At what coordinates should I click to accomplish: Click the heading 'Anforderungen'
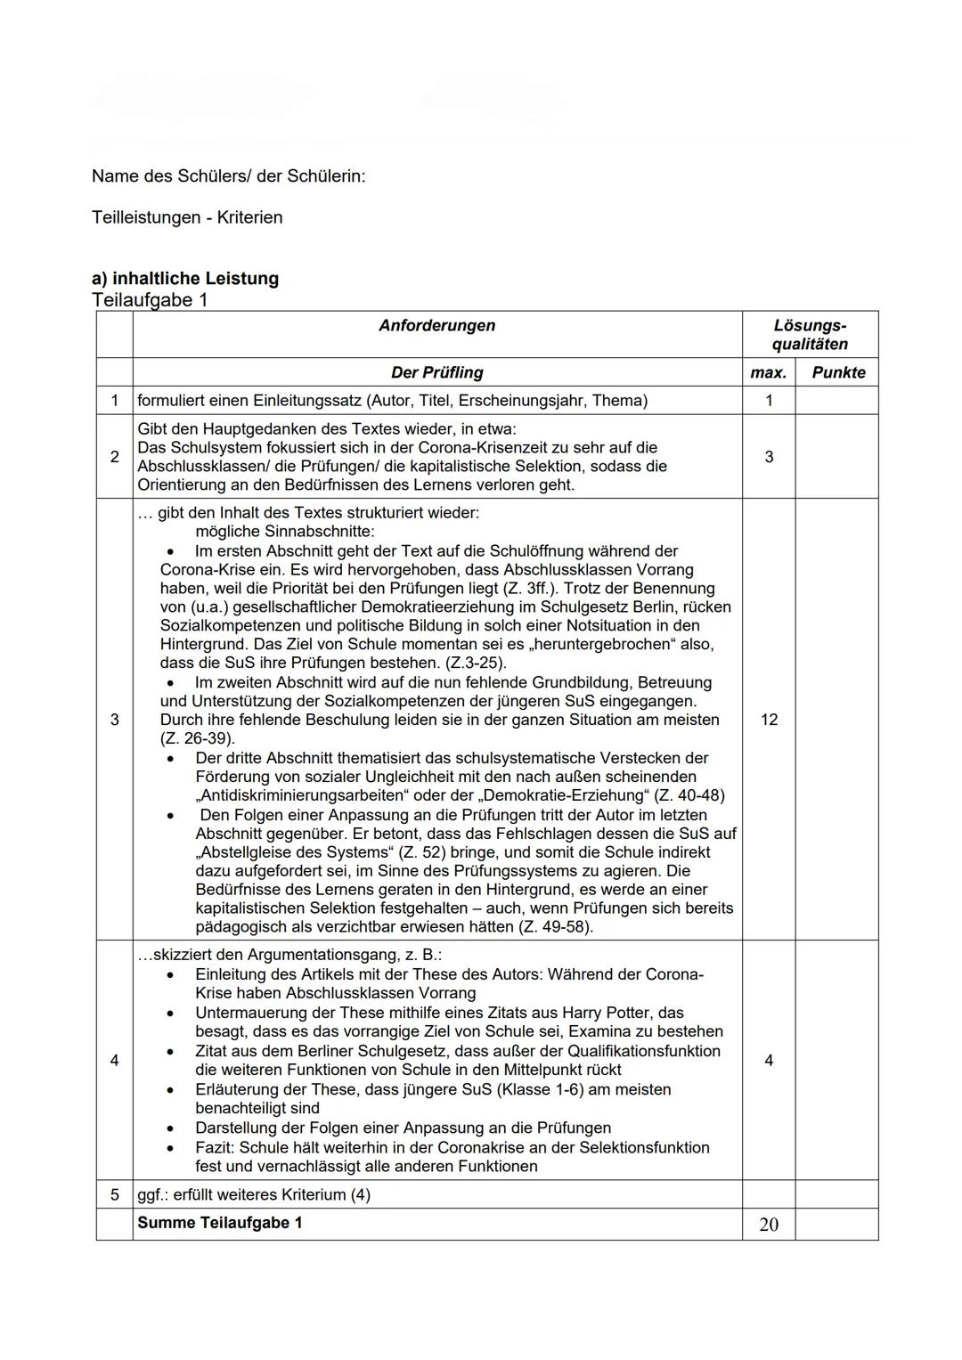[x=436, y=326]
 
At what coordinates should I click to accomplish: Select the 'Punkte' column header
[x=837, y=372]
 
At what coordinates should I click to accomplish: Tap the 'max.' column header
[x=768, y=372]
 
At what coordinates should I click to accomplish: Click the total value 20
[x=768, y=1225]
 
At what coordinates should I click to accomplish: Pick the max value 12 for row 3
[x=768, y=720]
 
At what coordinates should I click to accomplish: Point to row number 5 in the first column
[x=114, y=1194]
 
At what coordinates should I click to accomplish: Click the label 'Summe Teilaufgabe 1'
[x=219, y=1223]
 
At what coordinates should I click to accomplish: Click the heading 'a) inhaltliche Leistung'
[x=185, y=279]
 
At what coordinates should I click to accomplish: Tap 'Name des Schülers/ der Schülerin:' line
[x=228, y=176]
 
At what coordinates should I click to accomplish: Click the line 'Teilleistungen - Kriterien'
[x=187, y=217]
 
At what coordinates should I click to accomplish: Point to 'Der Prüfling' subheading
[x=436, y=372]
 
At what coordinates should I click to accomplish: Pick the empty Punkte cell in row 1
[x=836, y=401]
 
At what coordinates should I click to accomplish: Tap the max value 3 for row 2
[x=768, y=457]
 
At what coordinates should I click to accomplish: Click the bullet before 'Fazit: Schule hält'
[x=171, y=1148]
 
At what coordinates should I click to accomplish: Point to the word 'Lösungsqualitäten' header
[x=809, y=335]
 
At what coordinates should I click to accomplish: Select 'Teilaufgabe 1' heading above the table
[x=150, y=300]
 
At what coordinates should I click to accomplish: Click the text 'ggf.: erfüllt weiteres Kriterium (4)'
[x=254, y=1194]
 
